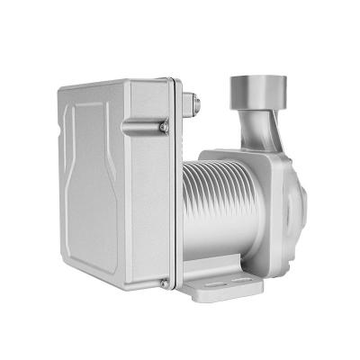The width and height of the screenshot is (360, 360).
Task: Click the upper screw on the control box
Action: pos(162,128)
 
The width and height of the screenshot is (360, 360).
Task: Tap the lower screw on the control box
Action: pos(163,283)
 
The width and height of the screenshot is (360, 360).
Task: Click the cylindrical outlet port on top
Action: pos(256,90)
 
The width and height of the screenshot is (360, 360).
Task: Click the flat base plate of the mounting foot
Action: pos(220,287)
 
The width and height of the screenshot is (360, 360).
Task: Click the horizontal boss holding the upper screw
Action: pos(144,129)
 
